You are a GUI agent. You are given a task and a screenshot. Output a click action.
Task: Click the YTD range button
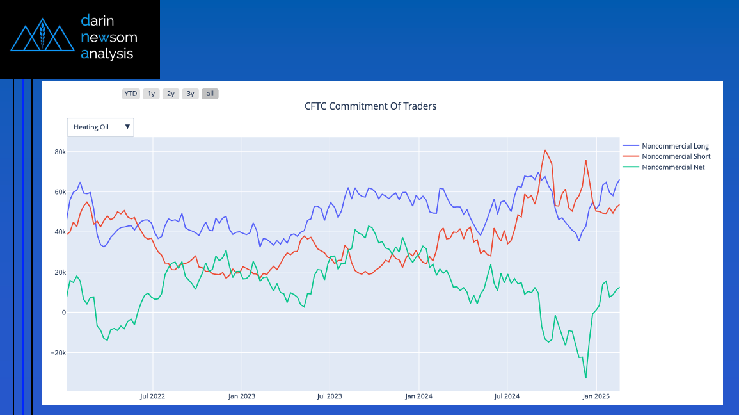(131, 94)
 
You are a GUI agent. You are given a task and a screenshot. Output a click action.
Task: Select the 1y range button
(151, 94)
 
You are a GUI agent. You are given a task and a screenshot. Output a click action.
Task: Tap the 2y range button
(171, 94)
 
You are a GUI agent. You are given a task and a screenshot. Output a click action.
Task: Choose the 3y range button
(190, 94)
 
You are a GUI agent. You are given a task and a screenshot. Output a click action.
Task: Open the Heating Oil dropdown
(100, 127)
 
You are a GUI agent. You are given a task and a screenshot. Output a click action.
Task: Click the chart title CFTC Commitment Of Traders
(370, 106)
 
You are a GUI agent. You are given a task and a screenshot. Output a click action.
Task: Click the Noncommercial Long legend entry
(675, 146)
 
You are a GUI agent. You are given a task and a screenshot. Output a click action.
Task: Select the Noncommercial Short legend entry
(676, 156)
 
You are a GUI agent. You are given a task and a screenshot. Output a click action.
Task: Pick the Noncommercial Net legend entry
(673, 167)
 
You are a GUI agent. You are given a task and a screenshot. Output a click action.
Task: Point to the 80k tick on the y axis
(60, 152)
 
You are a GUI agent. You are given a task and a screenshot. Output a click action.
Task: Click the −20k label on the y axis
(58, 353)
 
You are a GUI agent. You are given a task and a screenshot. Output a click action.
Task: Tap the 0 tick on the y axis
(63, 313)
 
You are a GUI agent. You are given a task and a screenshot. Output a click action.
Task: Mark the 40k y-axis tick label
(60, 232)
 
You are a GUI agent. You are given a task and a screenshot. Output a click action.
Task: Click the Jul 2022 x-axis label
(152, 396)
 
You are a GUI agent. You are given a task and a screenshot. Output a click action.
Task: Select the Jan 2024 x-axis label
(418, 396)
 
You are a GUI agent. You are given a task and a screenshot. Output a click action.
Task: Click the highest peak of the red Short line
(544, 151)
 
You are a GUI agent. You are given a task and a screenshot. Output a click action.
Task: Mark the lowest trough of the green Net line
(585, 378)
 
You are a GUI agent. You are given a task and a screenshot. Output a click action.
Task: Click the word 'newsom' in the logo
(109, 38)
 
